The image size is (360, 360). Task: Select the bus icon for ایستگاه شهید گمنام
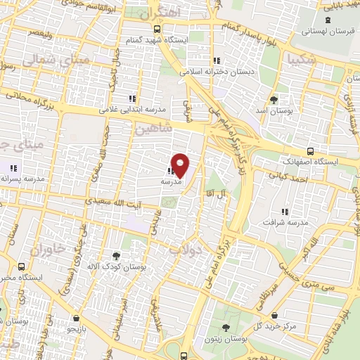pos(156,30)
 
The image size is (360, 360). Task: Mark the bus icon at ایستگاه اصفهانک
pos(311,151)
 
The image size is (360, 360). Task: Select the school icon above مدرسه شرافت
pos(284,212)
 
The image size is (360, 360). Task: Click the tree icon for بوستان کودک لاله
pos(116,256)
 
